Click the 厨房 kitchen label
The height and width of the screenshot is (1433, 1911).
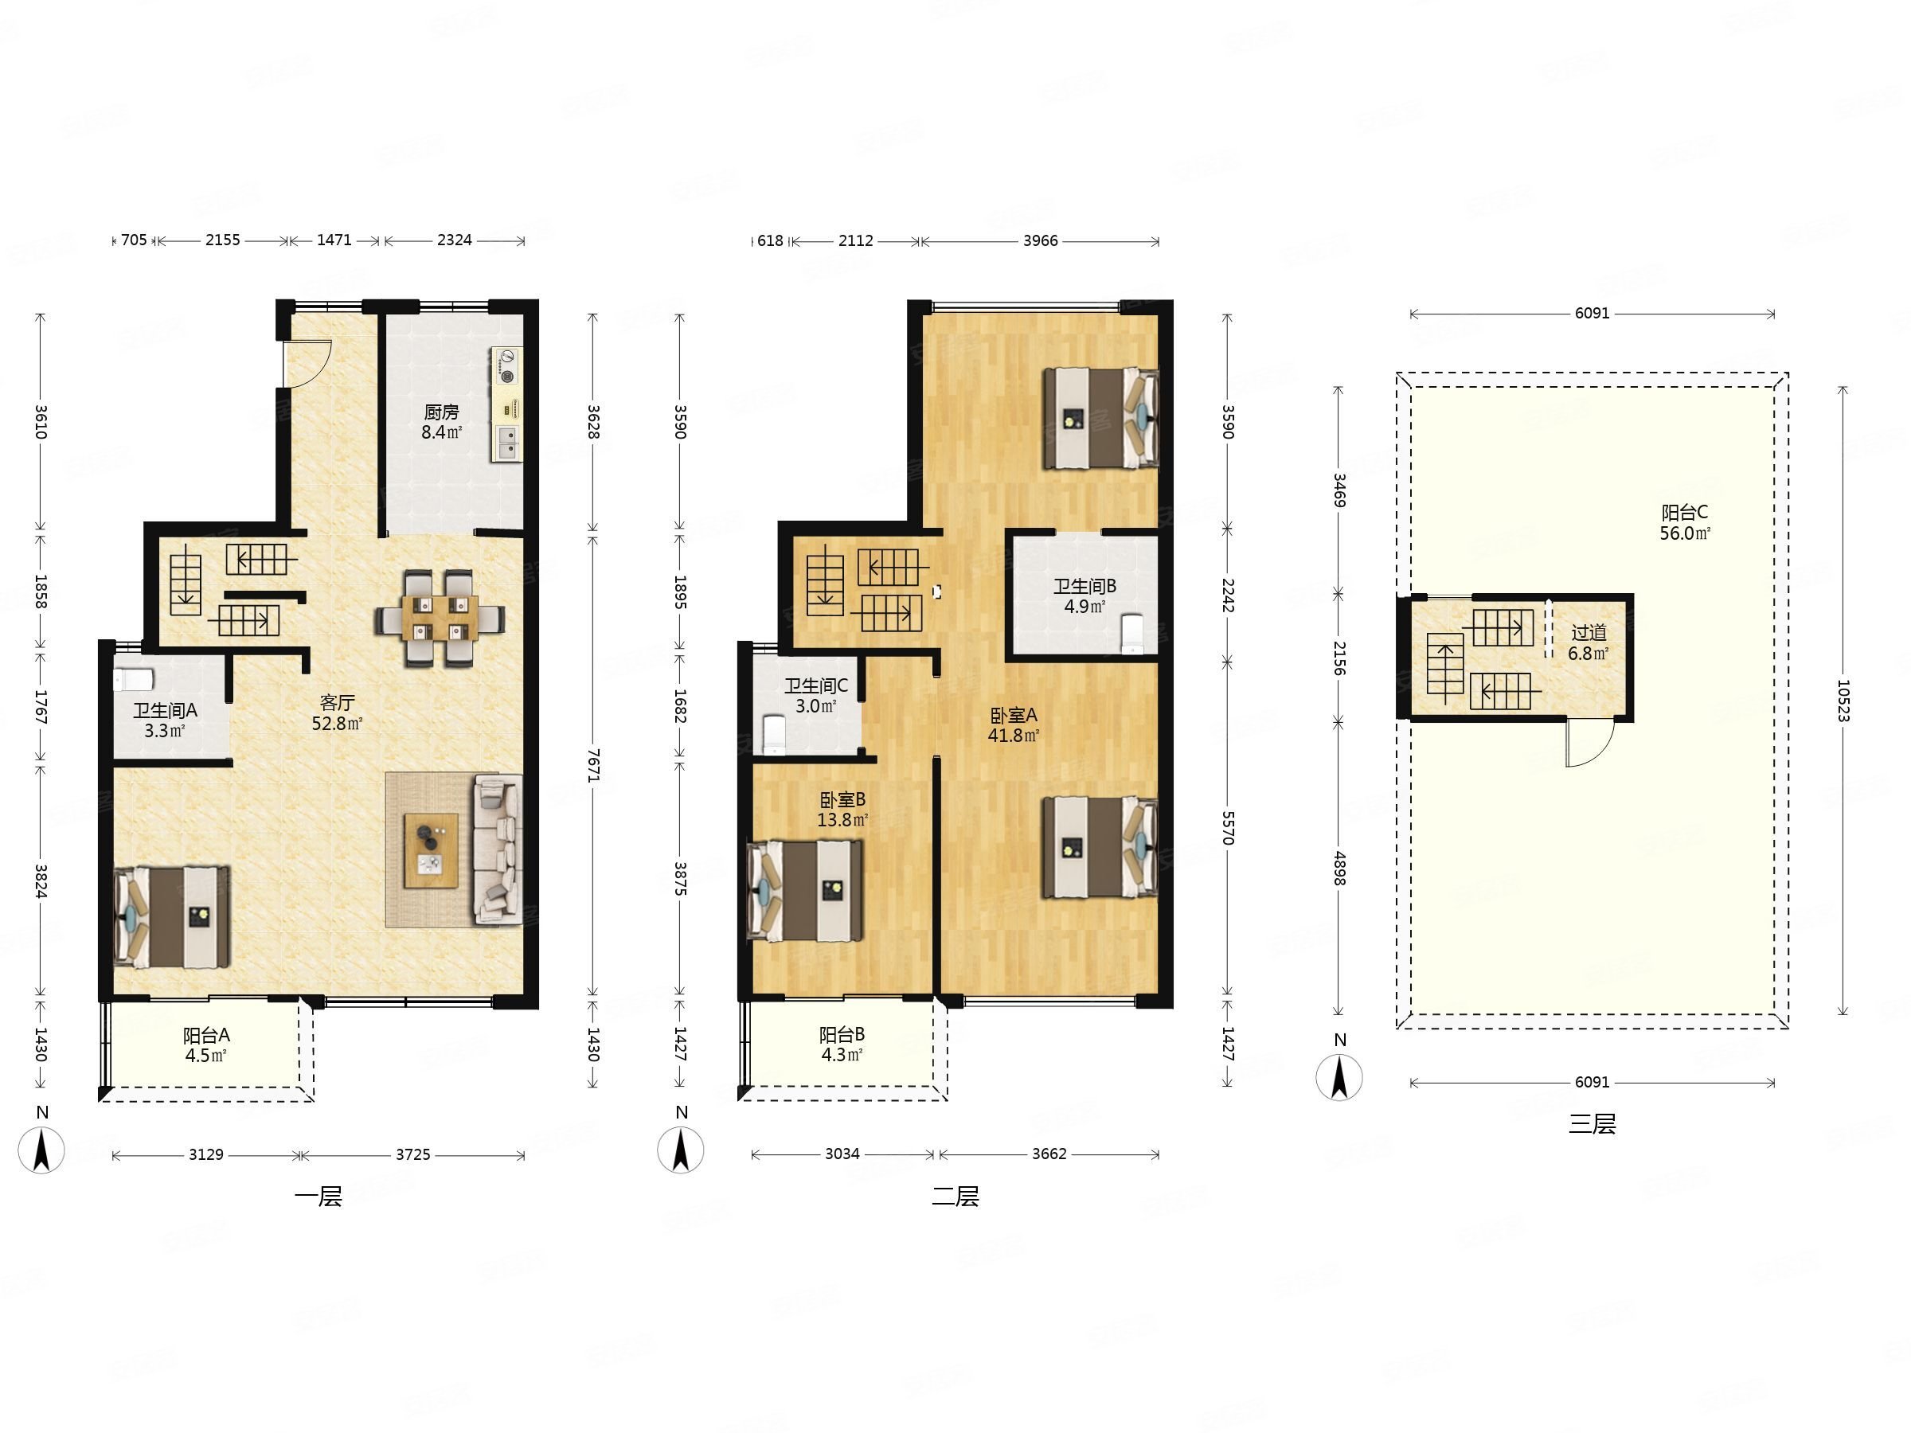click(x=441, y=412)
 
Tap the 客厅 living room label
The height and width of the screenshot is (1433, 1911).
click(x=337, y=703)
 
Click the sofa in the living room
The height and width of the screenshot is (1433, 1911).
click(x=498, y=850)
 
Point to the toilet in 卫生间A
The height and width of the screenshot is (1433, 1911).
click(x=134, y=680)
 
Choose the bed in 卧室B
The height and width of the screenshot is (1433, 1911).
click(x=805, y=891)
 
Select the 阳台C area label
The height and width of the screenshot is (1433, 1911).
click(x=1685, y=512)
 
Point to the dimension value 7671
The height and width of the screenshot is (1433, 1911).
click(x=592, y=765)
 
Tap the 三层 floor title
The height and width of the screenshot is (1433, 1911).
click(x=1592, y=1124)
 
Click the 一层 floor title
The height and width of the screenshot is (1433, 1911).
click(x=318, y=1197)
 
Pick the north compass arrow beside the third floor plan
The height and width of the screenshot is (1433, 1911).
click(x=1339, y=1077)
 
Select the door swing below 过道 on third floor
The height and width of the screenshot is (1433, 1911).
click(x=1589, y=743)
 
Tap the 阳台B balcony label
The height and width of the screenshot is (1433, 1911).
click(x=842, y=1034)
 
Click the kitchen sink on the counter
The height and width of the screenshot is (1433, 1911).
click(x=506, y=443)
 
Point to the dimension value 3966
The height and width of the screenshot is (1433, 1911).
click(x=1040, y=241)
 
